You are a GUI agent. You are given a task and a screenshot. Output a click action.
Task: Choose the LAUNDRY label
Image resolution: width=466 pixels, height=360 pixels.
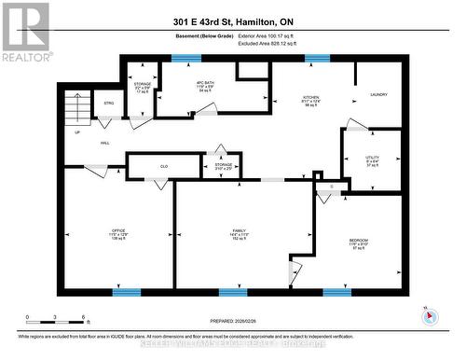pos(378,94)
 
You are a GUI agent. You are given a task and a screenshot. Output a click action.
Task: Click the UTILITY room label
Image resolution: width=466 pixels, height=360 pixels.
pos(372,159)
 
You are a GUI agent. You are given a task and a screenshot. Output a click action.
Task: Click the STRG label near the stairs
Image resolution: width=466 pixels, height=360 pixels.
pos(108,103)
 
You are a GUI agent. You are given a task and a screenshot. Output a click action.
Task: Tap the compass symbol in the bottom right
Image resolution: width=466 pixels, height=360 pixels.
pos(429,315)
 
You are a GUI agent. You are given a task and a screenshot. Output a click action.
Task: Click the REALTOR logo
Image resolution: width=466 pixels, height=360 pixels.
pos(25,32)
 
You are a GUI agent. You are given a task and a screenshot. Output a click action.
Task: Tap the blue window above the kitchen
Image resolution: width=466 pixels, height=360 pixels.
pos(317,58)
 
